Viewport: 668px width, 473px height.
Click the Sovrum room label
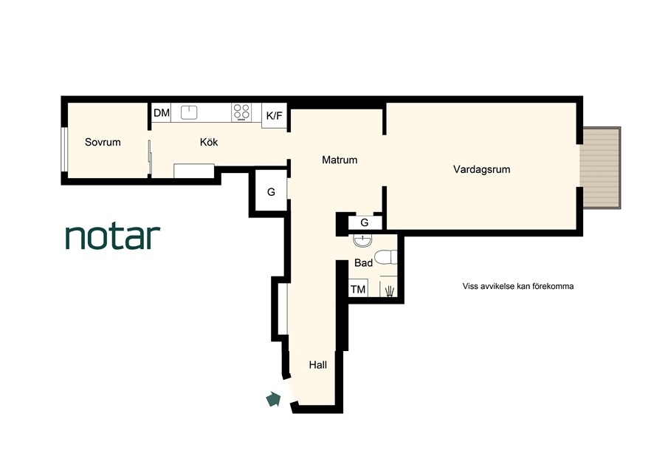tap(103, 142)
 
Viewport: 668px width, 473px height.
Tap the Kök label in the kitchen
tap(209, 142)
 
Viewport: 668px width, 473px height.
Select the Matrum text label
tap(340, 160)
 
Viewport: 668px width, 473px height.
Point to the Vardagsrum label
tap(481, 169)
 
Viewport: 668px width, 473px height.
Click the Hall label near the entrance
tap(318, 364)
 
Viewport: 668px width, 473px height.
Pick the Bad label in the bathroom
tap(363, 262)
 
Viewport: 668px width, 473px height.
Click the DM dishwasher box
tap(162, 112)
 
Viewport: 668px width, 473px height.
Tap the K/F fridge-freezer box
tap(275, 115)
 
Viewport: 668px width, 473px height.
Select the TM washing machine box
tap(358, 288)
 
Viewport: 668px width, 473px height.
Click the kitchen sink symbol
tap(189, 112)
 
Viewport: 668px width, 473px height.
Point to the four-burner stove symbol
tap(241, 112)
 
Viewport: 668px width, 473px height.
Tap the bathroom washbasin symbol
tap(362, 240)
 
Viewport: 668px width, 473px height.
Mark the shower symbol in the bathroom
tap(389, 291)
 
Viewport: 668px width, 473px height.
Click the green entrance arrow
tap(273, 399)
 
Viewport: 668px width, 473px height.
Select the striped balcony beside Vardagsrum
tap(601, 168)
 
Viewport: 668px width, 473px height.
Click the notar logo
tap(113, 236)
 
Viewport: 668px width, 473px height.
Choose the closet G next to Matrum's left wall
tap(271, 192)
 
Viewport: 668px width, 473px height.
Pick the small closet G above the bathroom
tap(365, 222)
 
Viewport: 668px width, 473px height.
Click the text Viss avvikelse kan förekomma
tap(518, 286)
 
